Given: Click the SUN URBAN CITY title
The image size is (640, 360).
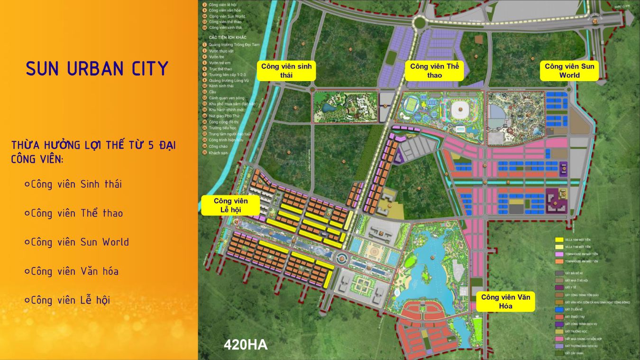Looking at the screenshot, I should (x=97, y=69).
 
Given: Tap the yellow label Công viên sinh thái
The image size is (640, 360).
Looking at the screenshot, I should (x=286, y=71).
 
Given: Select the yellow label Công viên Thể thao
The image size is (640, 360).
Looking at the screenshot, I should (x=434, y=71).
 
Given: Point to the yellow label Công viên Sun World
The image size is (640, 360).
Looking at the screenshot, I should (x=569, y=71).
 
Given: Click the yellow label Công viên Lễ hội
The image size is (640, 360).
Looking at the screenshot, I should (x=230, y=205).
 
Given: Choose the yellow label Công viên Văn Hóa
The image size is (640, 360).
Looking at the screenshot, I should (x=505, y=302).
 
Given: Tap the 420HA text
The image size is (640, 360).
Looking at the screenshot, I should (x=246, y=345).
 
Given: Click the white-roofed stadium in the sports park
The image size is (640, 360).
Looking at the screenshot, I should (x=459, y=111).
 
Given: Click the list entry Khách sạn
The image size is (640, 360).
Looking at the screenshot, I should (x=219, y=152).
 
